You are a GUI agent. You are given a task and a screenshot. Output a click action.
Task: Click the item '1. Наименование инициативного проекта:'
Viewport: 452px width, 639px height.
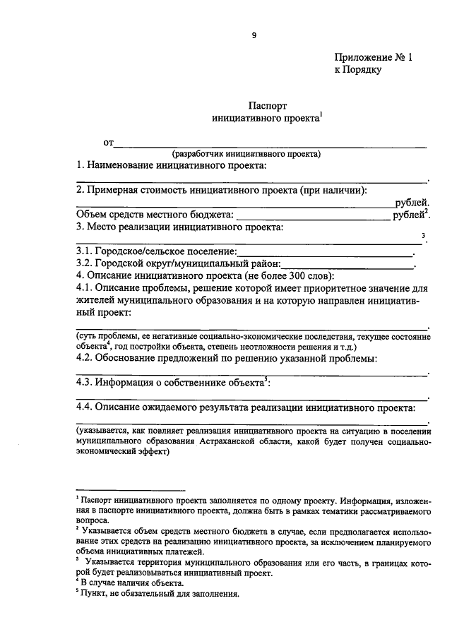point(172,165)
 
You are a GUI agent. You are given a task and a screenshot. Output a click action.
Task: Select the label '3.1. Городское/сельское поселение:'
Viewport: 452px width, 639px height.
point(155,252)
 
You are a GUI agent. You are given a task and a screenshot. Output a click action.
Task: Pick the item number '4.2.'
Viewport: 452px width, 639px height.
point(87,359)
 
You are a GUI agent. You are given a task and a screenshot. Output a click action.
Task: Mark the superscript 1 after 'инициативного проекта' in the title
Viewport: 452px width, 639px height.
point(320,117)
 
